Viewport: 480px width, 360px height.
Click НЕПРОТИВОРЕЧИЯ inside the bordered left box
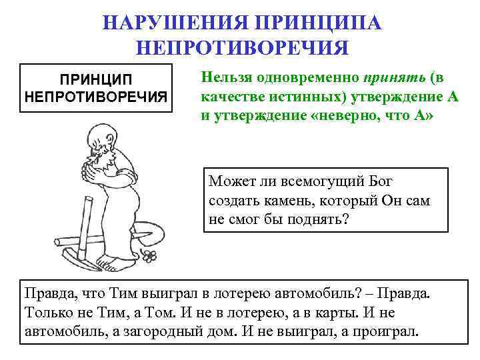click(97, 97)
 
